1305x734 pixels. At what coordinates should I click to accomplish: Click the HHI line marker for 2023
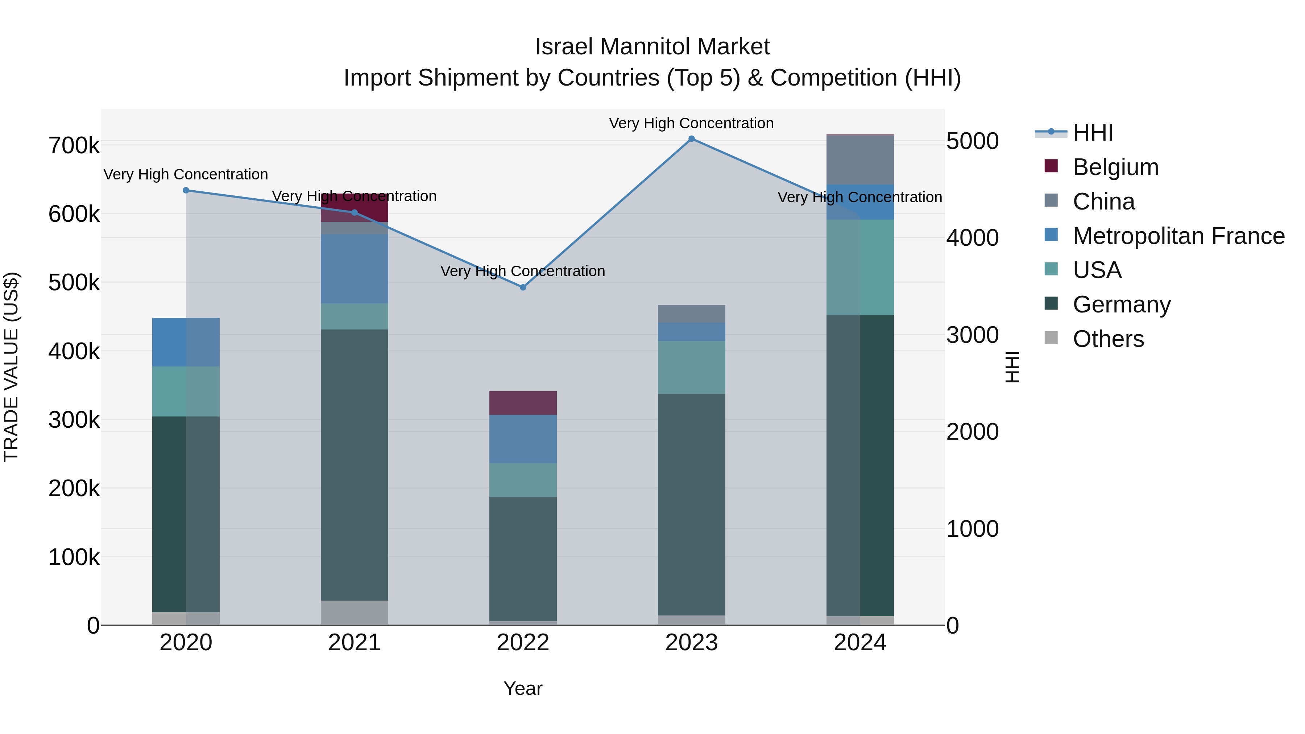692,139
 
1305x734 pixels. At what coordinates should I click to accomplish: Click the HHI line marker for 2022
523,287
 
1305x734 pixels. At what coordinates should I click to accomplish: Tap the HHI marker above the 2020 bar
186,190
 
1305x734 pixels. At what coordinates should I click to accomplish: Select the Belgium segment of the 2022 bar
523,403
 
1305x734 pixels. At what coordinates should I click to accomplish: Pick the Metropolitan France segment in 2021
354,269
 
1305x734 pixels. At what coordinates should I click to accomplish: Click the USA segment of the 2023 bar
692,367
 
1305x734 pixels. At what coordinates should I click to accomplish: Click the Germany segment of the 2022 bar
523,557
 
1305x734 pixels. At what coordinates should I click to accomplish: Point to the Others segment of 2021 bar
354,613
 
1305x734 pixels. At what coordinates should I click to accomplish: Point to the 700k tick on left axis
74,146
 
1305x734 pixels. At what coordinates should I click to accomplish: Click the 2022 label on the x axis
523,643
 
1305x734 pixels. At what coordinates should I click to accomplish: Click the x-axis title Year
523,688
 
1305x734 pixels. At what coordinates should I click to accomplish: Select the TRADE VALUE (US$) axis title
11,367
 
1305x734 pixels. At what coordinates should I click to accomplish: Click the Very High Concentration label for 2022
523,271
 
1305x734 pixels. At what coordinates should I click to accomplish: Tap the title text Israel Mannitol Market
652,47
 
